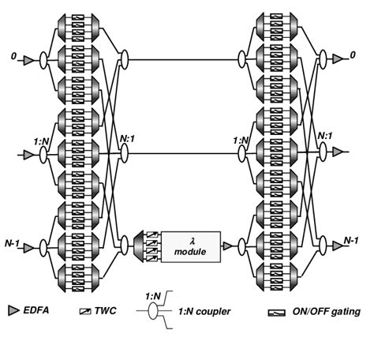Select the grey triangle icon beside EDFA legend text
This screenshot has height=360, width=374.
pos(11,313)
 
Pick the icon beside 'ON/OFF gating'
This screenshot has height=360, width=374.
pos(291,313)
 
